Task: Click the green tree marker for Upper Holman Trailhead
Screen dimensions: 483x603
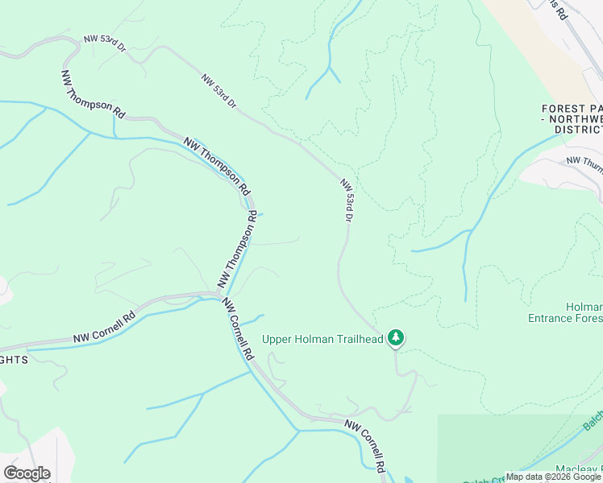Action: tap(395, 338)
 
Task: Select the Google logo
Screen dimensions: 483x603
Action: tap(27, 473)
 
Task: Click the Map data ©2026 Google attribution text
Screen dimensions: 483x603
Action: tap(554, 477)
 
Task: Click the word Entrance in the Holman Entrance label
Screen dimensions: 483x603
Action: tap(551, 318)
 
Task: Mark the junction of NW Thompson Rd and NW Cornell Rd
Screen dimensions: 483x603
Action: tap(221, 295)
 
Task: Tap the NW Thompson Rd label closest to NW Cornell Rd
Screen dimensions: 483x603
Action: tap(236, 250)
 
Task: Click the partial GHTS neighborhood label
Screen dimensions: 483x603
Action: tap(14, 360)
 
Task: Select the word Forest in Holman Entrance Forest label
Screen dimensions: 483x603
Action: tap(586, 318)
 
